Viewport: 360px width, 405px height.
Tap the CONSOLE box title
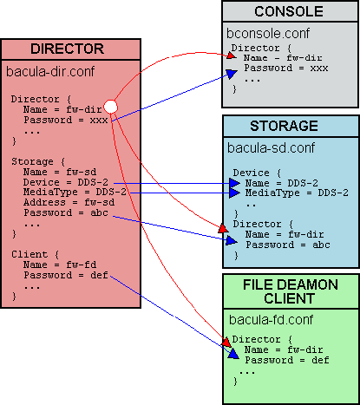click(x=288, y=12)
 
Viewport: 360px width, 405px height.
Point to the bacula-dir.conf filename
click(x=49, y=69)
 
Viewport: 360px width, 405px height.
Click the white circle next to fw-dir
click(x=109, y=107)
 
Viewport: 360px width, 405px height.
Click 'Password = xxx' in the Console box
click(x=278, y=67)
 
